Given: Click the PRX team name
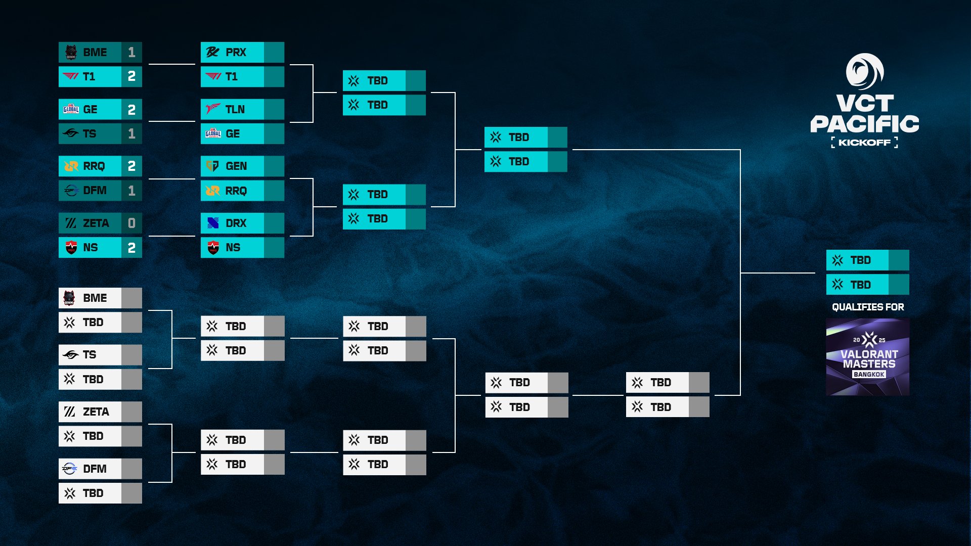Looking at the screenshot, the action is (236, 53).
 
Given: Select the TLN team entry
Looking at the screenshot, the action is (242, 109).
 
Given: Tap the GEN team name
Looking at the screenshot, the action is (236, 166).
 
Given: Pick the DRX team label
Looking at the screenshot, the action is (236, 223).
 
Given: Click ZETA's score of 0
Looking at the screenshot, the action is (131, 223).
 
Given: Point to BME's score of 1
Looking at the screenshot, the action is (131, 53).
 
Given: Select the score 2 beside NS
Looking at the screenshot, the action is (131, 248).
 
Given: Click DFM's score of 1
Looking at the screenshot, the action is (131, 191).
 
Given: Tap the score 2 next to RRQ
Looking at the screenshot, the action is (131, 166).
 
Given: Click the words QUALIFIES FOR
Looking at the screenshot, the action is (868, 307).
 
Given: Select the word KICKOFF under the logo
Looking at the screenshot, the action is (865, 143).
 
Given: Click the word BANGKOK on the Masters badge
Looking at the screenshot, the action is (869, 375).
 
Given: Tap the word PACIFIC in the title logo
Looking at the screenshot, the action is (865, 124).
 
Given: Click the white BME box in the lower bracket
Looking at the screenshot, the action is (100, 298).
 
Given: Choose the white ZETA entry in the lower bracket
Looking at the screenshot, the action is (100, 412).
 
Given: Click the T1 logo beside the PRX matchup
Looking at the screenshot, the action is (213, 77).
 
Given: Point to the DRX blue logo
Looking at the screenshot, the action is (213, 223).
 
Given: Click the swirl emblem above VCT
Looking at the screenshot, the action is (865, 72).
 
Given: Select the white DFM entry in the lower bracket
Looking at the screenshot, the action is (100, 469).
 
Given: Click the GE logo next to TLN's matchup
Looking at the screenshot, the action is (213, 133).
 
